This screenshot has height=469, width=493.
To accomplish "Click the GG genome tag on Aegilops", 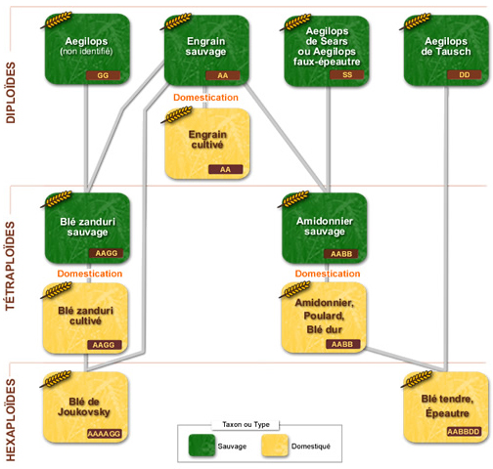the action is pos(103,75).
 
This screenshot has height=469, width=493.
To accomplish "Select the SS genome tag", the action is pos(347,75).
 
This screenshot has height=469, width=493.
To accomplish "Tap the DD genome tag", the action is pos(465,75).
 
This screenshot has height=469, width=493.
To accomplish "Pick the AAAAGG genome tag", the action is pos(105,434).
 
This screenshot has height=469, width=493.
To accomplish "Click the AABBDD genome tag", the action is pos(464,432).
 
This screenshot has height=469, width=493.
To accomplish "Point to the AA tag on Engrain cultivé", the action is pos(225,169).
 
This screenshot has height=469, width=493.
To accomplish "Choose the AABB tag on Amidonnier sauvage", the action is pos(341,254).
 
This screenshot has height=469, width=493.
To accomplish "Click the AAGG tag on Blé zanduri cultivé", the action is pos(104,345).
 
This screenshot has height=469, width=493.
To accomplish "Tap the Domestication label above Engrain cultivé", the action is pos(205,98).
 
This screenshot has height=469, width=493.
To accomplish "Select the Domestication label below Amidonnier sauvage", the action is pos(328,274).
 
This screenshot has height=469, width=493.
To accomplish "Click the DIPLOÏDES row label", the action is pos(11,93).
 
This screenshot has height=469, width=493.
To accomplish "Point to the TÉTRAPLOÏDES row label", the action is pos(11,266).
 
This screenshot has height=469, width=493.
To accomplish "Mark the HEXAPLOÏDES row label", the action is pos(11,420).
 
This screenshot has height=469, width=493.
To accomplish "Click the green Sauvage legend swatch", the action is pos(202,446).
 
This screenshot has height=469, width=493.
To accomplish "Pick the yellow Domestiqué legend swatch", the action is pos(275,446).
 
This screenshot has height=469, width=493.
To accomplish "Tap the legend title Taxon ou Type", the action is pos(246,424).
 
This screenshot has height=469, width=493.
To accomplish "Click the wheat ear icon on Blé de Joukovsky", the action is pos(56,379).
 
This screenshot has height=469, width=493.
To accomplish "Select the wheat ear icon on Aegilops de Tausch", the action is pos(416,21).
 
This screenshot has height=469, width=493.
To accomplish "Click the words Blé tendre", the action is pos(447,399).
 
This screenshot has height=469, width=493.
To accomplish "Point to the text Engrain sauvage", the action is pos(205,46).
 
